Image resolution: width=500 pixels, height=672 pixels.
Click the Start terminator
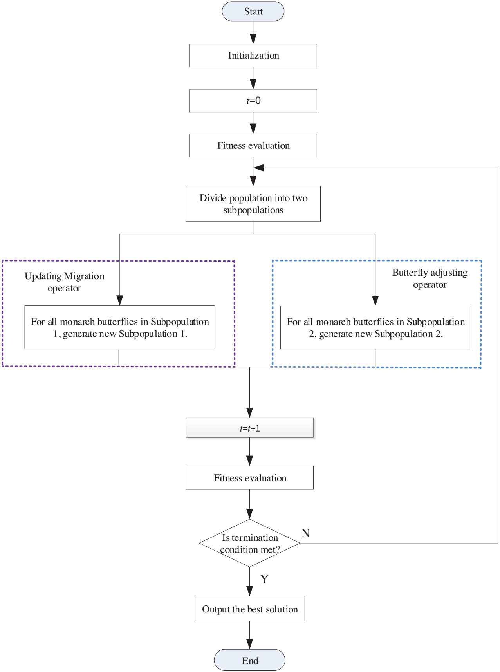(x=253, y=11)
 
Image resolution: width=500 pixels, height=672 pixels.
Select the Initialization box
(x=253, y=56)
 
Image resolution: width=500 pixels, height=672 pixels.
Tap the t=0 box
(x=253, y=101)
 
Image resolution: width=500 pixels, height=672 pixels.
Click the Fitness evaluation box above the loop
(x=253, y=146)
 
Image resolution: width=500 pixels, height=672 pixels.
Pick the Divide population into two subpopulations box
(x=253, y=204)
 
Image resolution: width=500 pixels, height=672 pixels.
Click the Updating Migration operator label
(x=65, y=282)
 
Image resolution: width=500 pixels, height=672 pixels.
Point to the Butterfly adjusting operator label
(x=430, y=278)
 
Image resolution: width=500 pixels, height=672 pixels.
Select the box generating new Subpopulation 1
(x=120, y=327)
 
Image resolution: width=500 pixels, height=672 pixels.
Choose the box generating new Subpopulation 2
(x=375, y=327)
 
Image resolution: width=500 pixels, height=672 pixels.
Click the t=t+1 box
(x=250, y=428)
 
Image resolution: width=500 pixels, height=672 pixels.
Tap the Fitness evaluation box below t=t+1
(x=250, y=478)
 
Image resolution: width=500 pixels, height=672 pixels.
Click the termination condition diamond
(x=250, y=543)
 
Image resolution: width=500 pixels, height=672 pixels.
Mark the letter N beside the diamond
(x=306, y=533)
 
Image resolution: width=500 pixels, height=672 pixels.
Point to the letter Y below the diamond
(x=264, y=579)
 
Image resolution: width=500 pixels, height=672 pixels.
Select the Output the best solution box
(x=250, y=609)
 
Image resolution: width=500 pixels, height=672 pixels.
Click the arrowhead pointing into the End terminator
(x=250, y=645)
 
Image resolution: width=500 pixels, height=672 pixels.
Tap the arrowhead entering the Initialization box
(x=253, y=39)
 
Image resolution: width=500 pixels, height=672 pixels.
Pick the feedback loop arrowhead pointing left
(x=258, y=168)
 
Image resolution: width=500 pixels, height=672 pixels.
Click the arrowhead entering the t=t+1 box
(x=250, y=413)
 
